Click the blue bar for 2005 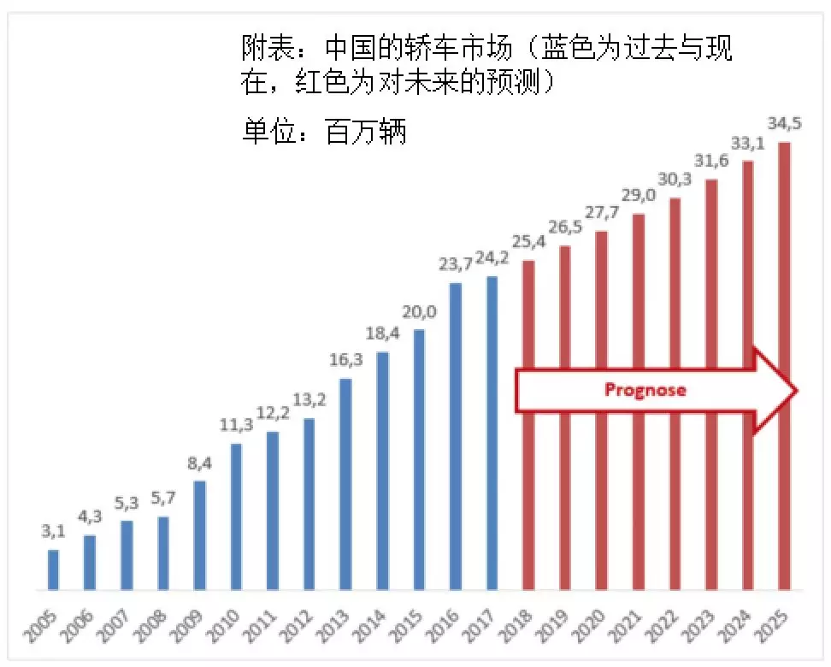53,570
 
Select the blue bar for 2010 236,516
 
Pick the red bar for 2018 528,425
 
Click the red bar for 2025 784,366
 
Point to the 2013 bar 345,484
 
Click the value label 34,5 783,124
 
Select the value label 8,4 199,464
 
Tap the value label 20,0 419,312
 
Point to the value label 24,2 492,259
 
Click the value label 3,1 53,532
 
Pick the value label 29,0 638,197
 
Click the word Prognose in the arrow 645,390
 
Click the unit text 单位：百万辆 324,133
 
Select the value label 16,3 345,360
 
